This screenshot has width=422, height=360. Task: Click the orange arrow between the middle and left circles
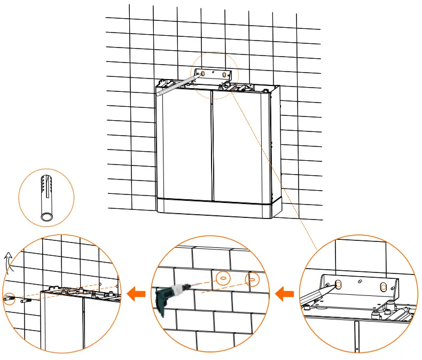[x=138, y=292]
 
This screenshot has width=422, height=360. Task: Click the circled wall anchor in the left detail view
[x=9, y=298]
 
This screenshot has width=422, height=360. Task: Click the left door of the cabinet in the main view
[x=184, y=144]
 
